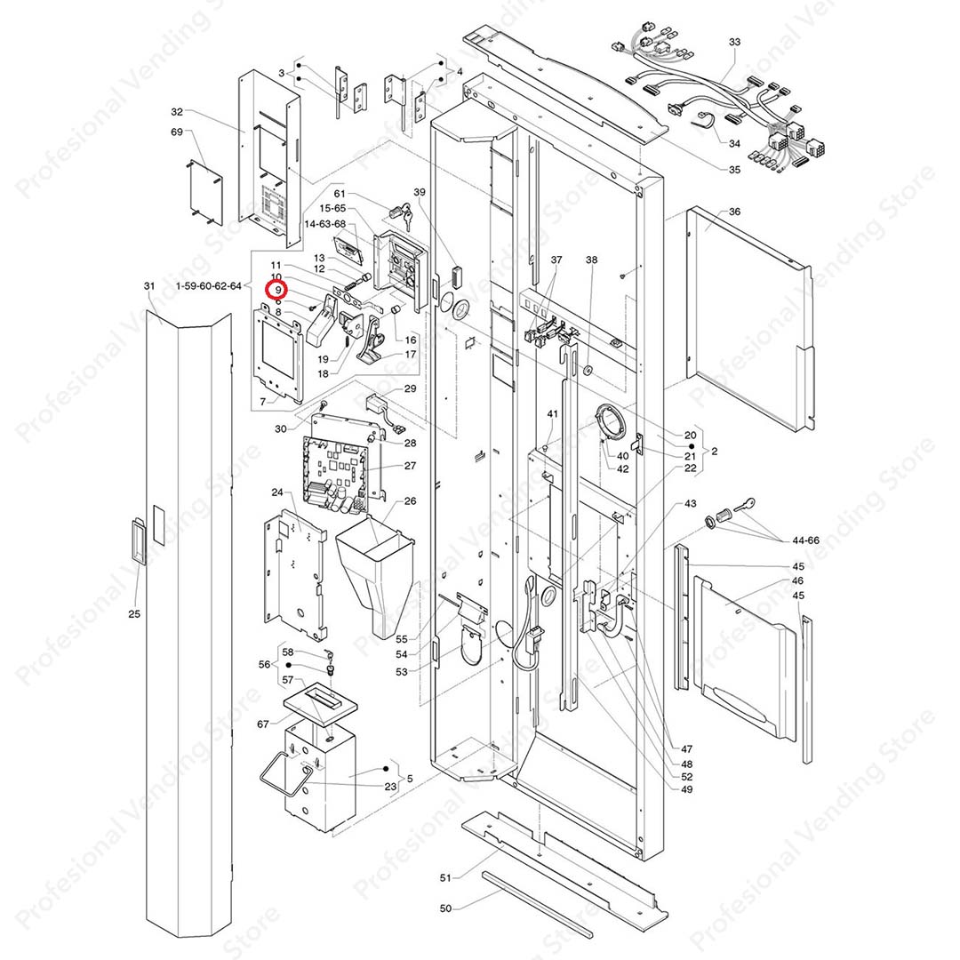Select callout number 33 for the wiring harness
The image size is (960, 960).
[x=734, y=43]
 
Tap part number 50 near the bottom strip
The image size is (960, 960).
[x=446, y=908]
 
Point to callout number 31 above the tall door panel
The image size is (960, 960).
[x=149, y=285]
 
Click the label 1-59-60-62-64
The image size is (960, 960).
[x=209, y=286]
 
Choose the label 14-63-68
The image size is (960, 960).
[x=325, y=225]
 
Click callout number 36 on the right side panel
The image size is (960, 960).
[x=734, y=212]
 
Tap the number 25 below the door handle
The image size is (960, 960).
[x=134, y=614]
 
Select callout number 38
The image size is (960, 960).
[x=592, y=260]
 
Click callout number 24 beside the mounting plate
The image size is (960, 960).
[x=276, y=492]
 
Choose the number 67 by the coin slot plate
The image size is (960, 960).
[x=263, y=724]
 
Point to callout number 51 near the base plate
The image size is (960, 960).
[x=446, y=877]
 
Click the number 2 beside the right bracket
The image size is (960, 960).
[x=715, y=452]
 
